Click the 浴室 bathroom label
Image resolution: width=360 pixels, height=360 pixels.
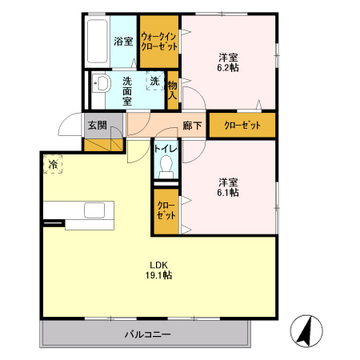pyautogui.click(x=122, y=41)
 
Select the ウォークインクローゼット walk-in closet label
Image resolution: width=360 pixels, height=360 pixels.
pyautogui.click(x=158, y=41)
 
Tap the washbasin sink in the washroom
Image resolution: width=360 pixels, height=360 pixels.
pyautogui.click(x=102, y=85)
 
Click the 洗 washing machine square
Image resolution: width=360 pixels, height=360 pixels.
pyautogui.click(x=154, y=81)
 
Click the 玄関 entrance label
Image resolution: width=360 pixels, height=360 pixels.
pyautogui.click(x=97, y=125)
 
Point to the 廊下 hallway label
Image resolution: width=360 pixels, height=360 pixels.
pyautogui.click(x=191, y=125)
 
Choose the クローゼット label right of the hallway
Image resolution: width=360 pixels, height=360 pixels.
pyautogui.click(x=241, y=125)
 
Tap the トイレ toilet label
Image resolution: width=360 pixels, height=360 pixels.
pyautogui.click(x=166, y=148)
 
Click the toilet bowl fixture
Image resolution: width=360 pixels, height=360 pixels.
pyautogui.click(x=166, y=166)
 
